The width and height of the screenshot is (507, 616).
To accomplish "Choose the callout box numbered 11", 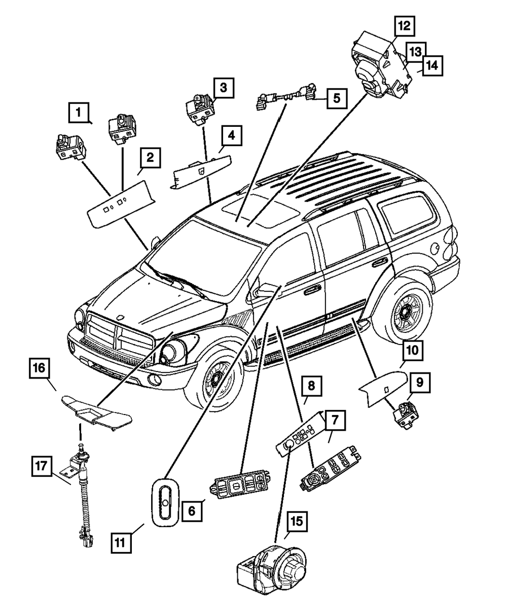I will (x=122, y=542).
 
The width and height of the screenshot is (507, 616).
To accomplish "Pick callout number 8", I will (x=311, y=386).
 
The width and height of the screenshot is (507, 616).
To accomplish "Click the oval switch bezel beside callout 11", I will (x=165, y=499).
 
